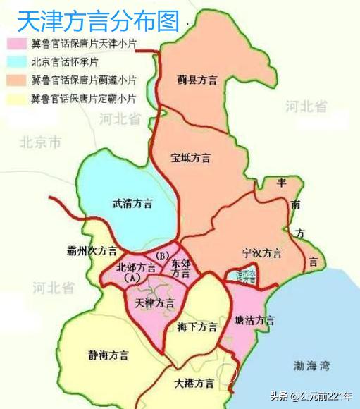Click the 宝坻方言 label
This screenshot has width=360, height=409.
[x=191, y=158]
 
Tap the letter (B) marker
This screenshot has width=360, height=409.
[x=163, y=255]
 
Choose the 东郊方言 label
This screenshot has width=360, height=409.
[x=180, y=267]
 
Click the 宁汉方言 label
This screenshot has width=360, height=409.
[x=261, y=252]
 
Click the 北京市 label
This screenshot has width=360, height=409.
[x=40, y=143]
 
